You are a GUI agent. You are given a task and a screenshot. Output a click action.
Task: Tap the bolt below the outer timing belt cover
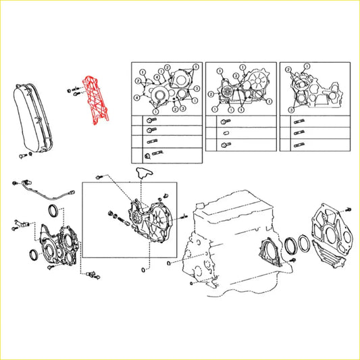[24, 156]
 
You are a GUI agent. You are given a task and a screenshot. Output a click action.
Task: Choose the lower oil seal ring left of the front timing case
[31, 254]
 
